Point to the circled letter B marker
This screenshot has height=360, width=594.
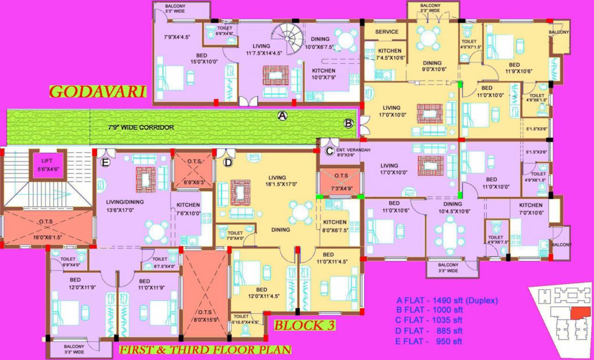click(x=348, y=124)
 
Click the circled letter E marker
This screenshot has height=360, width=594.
click(x=105, y=162)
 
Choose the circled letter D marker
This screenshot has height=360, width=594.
click(x=228, y=162)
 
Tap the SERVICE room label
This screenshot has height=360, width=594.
click(x=387, y=32)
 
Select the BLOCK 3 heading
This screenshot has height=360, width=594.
click(x=304, y=325)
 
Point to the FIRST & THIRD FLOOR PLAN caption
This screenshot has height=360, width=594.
click(x=205, y=350)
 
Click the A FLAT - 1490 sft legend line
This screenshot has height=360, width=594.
click(x=447, y=300)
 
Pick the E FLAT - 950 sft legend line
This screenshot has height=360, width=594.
click(x=430, y=341)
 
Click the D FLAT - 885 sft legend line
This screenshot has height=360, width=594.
click(x=430, y=331)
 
